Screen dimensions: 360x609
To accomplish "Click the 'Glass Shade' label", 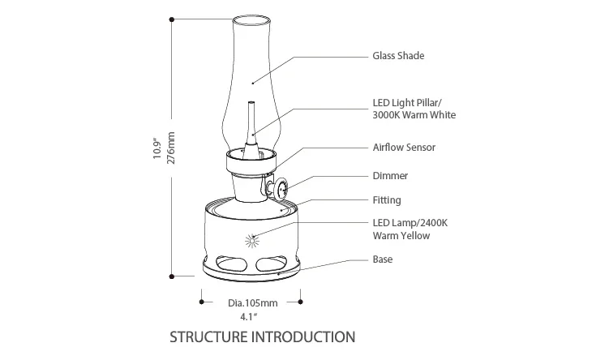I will (x=398, y=56).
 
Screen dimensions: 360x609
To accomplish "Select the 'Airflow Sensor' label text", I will (x=404, y=148).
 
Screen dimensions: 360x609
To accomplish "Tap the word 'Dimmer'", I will (x=390, y=175).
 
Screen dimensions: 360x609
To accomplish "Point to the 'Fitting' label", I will (x=387, y=200).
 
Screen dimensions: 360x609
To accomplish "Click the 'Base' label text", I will (x=383, y=259).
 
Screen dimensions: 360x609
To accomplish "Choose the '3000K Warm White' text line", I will (x=414, y=115).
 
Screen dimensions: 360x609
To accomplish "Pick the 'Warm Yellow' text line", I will (x=401, y=236).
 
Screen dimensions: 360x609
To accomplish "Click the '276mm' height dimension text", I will (x=171, y=149).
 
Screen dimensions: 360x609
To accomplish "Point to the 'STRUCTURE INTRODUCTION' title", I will (x=262, y=336).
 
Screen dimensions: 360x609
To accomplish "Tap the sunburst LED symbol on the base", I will (x=252, y=241).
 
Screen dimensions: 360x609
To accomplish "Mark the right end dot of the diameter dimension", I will (x=301, y=302).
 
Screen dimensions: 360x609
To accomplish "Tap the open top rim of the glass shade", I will (x=251, y=18).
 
